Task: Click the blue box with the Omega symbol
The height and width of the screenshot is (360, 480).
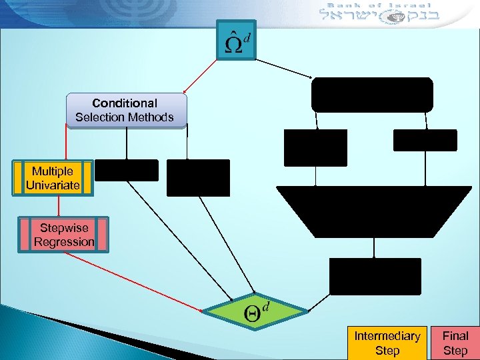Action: click(x=236, y=40)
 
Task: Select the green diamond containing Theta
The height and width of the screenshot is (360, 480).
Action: click(x=255, y=311)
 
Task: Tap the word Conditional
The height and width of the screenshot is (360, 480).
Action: click(x=125, y=103)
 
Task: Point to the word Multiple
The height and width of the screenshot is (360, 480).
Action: click(x=53, y=171)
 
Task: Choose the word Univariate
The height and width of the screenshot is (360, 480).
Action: click(x=53, y=185)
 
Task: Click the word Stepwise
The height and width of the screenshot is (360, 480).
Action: click(x=64, y=228)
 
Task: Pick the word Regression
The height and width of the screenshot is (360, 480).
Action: click(x=64, y=242)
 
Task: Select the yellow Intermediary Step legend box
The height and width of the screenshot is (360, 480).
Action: click(x=387, y=343)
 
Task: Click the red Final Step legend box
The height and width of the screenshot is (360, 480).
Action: click(x=455, y=343)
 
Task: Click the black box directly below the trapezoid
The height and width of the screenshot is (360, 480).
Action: click(x=375, y=276)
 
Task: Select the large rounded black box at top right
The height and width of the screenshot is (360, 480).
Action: click(x=372, y=95)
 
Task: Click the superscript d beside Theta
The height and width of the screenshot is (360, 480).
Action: click(x=267, y=305)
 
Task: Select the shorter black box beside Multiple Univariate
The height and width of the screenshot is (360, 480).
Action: click(x=127, y=171)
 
